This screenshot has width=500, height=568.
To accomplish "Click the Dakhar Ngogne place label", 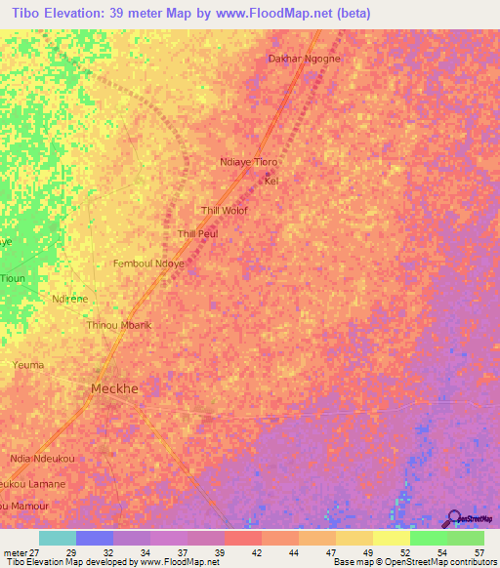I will click(x=304, y=59).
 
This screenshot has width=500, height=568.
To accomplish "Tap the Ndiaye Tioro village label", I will click(x=250, y=162).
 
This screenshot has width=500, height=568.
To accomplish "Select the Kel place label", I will click(x=271, y=182).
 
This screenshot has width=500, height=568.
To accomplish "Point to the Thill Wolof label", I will click(x=224, y=211).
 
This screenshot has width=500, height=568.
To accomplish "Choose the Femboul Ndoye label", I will click(x=149, y=264).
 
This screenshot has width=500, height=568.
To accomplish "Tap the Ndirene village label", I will click(x=70, y=299).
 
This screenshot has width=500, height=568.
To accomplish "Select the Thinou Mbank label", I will click(x=119, y=325).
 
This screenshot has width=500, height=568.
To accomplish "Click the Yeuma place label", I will click(x=28, y=365).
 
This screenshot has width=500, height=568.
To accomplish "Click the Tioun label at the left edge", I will click(x=13, y=278).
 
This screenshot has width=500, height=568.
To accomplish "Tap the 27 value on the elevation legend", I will click(x=35, y=553).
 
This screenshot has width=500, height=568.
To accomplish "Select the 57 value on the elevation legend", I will click(x=479, y=553).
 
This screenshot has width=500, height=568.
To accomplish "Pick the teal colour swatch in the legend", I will click(x=58, y=538).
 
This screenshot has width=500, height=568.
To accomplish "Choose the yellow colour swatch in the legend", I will click(x=391, y=538).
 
